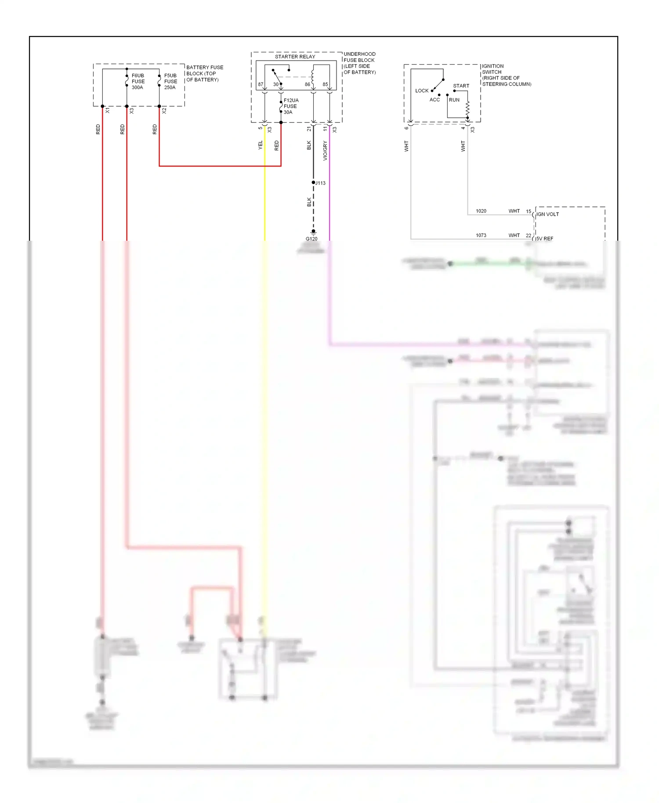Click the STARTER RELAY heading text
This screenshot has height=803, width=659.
[x=295, y=57]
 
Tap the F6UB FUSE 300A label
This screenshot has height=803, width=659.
[x=138, y=81]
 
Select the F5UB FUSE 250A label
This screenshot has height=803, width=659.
[x=170, y=81]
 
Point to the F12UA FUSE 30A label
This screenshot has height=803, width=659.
[x=290, y=106]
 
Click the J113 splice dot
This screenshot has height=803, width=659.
[x=313, y=182]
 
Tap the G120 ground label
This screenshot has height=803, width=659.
[x=311, y=239]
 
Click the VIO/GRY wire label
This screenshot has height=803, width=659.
[x=325, y=151]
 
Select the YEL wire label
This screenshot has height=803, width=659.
[x=260, y=145]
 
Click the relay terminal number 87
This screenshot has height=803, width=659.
[x=261, y=84]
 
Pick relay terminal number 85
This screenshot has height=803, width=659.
[x=325, y=84]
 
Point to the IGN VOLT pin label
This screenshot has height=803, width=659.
[x=547, y=214]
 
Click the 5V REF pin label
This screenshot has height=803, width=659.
[x=544, y=239]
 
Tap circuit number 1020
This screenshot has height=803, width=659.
[x=481, y=211]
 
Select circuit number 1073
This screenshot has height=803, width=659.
[x=481, y=235]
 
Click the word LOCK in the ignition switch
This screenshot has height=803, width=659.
[x=421, y=90]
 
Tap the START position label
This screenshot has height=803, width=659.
[x=461, y=86]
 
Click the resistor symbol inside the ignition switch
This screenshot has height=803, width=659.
[x=467, y=110]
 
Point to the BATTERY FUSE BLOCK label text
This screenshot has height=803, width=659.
[x=204, y=73]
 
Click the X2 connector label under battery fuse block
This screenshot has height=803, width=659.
[x=164, y=111]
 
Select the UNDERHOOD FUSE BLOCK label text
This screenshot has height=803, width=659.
[x=359, y=63]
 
